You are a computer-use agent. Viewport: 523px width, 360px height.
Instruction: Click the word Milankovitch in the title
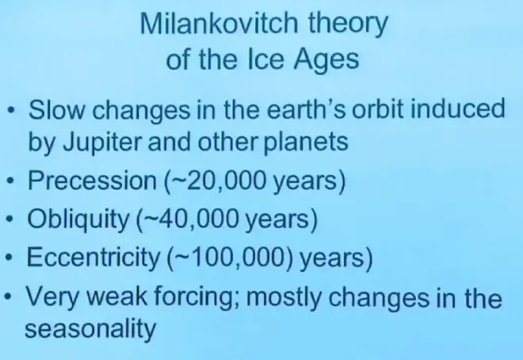point(219,23)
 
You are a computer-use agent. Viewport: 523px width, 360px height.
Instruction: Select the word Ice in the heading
point(266,59)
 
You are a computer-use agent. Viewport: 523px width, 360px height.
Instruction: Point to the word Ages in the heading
point(326,61)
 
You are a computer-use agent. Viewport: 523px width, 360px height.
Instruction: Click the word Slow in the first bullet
point(57,109)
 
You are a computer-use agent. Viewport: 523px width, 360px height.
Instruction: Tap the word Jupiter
point(103,143)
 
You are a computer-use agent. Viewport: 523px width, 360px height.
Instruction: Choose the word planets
point(306,143)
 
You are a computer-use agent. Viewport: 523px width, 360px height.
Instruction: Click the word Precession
point(93,180)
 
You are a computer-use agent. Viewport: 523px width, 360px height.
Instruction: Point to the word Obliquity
point(78,220)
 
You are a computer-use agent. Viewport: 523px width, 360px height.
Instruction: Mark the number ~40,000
point(189,220)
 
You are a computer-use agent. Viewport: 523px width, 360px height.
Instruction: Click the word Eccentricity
point(94,258)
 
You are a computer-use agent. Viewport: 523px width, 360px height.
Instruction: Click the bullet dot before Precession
point(10,182)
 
